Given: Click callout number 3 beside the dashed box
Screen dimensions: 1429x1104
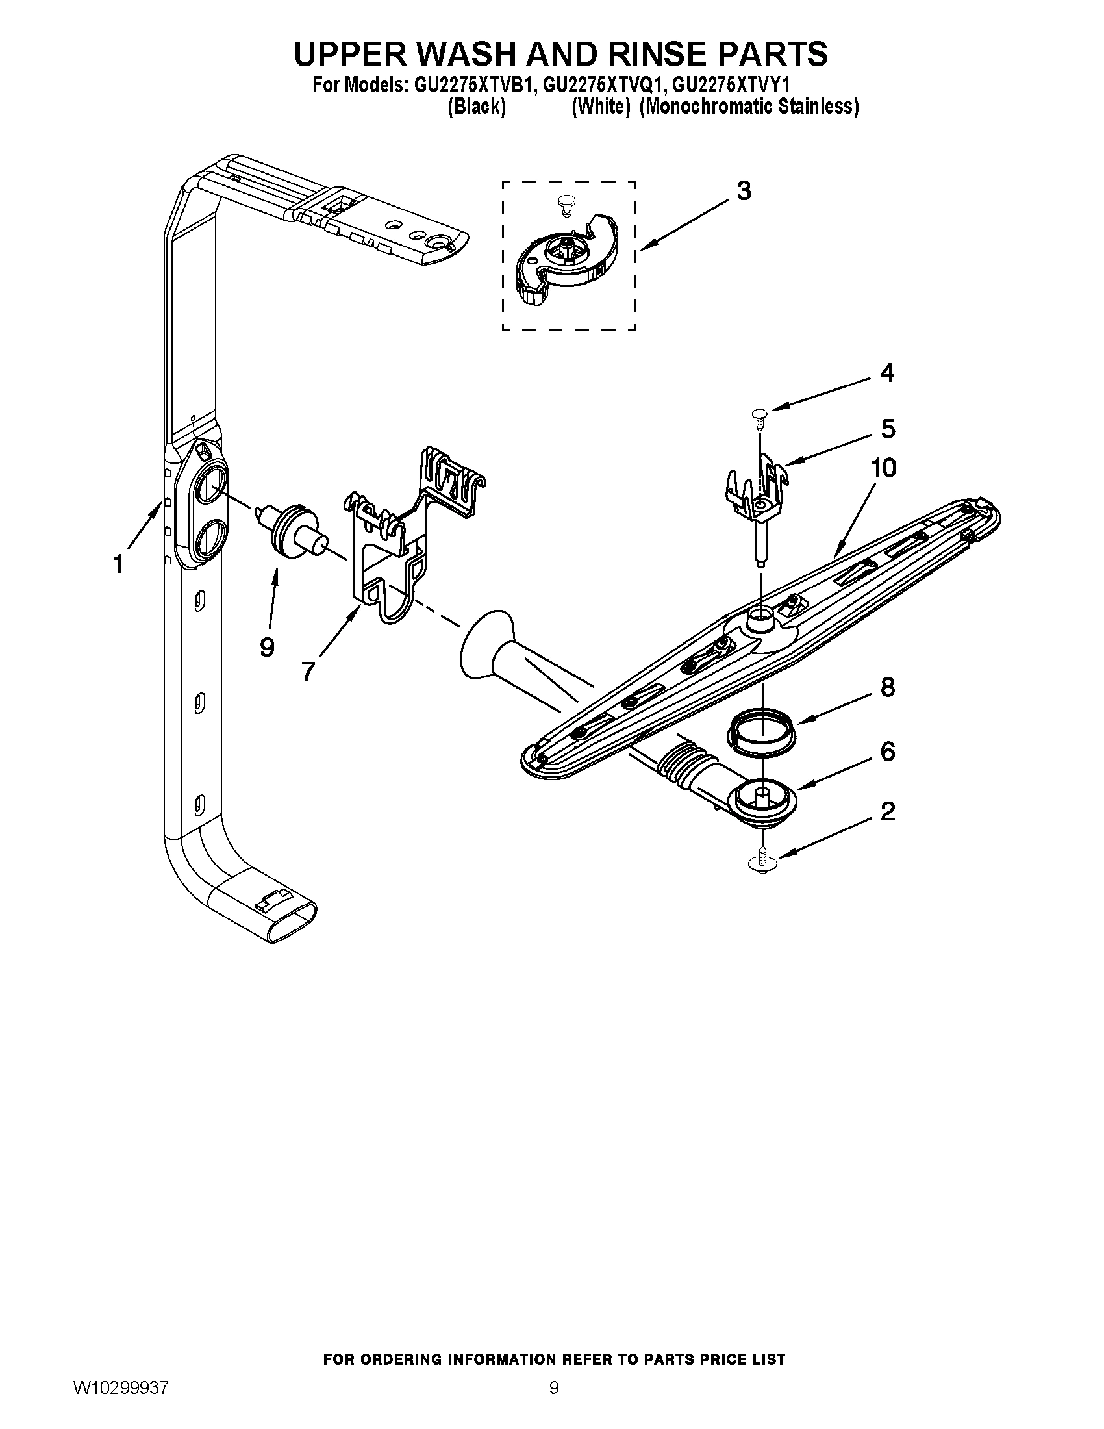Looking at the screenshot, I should coord(744,191).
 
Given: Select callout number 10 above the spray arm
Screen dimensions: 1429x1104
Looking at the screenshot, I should coord(883,468).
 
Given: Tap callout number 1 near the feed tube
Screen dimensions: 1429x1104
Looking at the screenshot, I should coord(118,563).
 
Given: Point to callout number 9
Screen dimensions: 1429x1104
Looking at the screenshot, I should coord(267,647).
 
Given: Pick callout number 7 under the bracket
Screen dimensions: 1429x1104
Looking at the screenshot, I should coord(308,671).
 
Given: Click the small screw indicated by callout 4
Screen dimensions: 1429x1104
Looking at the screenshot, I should coord(759,415).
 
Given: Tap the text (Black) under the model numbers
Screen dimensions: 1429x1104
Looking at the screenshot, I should coord(476,107).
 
